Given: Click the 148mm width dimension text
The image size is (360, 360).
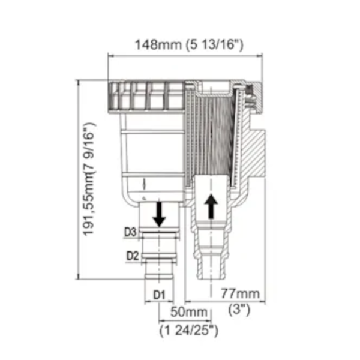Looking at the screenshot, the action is (x=158, y=45).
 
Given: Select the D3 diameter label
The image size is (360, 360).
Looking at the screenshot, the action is (x=130, y=232).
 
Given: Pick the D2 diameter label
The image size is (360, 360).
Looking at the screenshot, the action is (x=133, y=256).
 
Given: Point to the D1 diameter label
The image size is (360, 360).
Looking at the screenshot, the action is (x=159, y=295).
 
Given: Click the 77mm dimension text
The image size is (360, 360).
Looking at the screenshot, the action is (x=240, y=293).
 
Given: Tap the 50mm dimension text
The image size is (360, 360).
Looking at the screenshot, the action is (x=189, y=312).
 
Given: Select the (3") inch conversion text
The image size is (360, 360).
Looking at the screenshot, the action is (x=239, y=310).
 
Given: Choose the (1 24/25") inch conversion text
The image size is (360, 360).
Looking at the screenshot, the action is (x=189, y=331).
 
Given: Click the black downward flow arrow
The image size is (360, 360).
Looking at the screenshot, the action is (x=160, y=214).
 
